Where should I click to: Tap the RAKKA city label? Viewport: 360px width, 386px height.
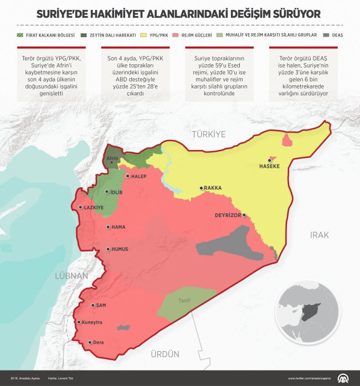[x=213, y=188]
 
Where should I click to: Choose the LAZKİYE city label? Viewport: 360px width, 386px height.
[x=94, y=207]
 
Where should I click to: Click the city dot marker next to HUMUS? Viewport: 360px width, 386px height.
[x=108, y=249]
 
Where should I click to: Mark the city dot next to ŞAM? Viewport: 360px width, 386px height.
[x=92, y=305]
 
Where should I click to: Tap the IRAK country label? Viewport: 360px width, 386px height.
[x=319, y=235]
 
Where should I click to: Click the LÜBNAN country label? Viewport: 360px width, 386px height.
[x=71, y=275]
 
